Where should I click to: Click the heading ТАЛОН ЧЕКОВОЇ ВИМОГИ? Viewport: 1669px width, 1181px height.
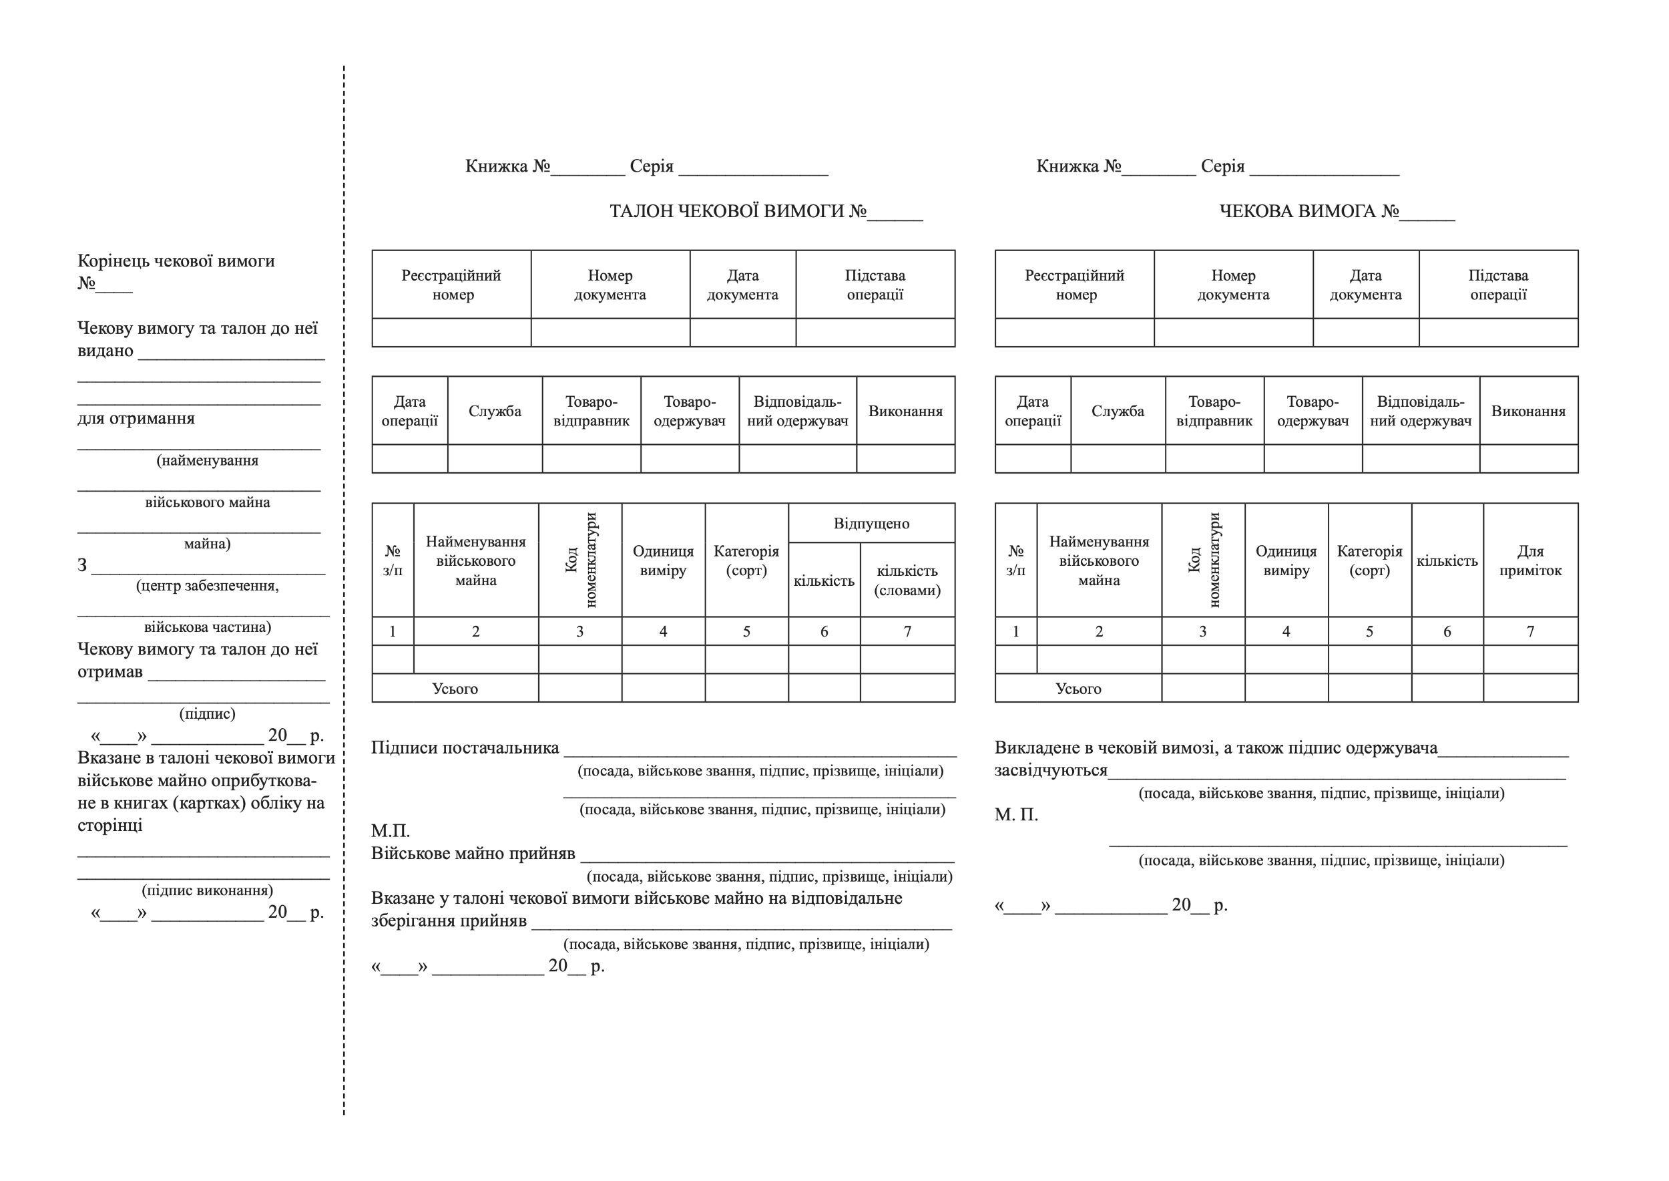(738, 212)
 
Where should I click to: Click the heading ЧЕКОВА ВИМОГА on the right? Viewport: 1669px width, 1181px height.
(1308, 212)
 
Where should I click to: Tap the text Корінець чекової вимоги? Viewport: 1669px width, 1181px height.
(176, 261)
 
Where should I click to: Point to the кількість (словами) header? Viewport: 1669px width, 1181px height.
(907, 580)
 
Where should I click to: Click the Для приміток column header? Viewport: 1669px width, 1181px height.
(1530, 560)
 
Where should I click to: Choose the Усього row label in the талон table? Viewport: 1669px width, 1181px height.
(455, 689)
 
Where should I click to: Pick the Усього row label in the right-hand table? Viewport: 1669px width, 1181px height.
(1078, 689)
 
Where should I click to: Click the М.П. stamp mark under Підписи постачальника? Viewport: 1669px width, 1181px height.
(391, 830)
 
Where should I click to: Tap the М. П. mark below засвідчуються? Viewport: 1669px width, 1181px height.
(1016, 814)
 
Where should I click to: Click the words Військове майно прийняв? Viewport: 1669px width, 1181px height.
(473, 853)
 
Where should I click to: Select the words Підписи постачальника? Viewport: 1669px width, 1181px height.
(465, 747)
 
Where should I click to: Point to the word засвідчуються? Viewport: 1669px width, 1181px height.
(1050, 770)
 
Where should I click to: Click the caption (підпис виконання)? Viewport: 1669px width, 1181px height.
(207, 890)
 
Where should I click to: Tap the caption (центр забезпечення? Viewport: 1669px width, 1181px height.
(207, 586)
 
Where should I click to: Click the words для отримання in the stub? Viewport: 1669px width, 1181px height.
(136, 418)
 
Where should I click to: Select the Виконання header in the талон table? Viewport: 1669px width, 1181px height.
(905, 411)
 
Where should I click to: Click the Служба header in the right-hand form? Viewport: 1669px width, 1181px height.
(1118, 411)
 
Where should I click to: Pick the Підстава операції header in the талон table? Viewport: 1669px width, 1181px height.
(875, 285)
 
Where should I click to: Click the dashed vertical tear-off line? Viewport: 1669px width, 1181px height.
(344, 582)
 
